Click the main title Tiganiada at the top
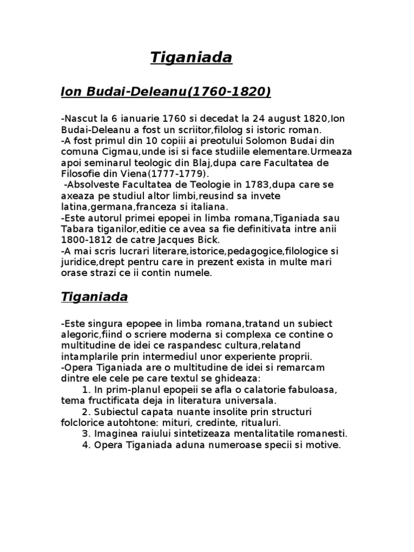191,58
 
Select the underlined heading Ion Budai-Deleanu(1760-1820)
166,92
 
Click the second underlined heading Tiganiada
94,297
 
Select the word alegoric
80,334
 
